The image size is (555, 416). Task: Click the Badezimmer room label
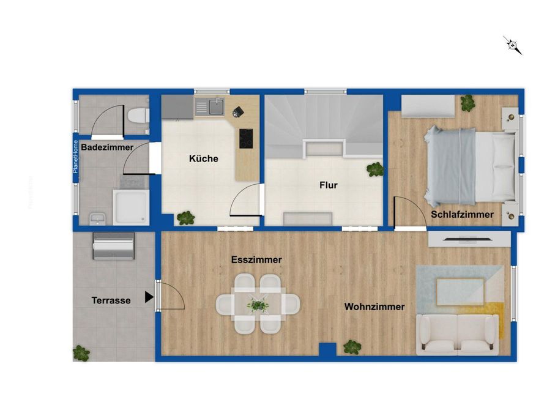click(x=107, y=147)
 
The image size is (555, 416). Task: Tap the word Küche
click(x=204, y=158)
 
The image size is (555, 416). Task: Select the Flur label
click(x=329, y=185)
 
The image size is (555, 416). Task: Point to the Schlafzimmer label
click(x=462, y=214)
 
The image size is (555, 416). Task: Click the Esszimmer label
click(x=256, y=259)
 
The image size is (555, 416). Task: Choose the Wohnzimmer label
click(x=374, y=306)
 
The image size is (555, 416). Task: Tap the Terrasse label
click(x=111, y=300)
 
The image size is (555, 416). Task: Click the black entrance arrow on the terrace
click(x=149, y=297)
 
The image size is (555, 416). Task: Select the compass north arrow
click(x=513, y=45)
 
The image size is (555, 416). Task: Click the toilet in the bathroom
click(x=138, y=116)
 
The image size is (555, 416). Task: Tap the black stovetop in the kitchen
click(x=246, y=139)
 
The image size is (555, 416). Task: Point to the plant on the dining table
click(x=258, y=305)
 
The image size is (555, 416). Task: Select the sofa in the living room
click(x=457, y=335)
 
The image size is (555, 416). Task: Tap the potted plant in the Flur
click(x=375, y=169)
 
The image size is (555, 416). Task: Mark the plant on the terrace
click(x=81, y=353)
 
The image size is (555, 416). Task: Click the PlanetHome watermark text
click(x=75, y=157)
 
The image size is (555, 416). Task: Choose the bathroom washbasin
click(x=97, y=219)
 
